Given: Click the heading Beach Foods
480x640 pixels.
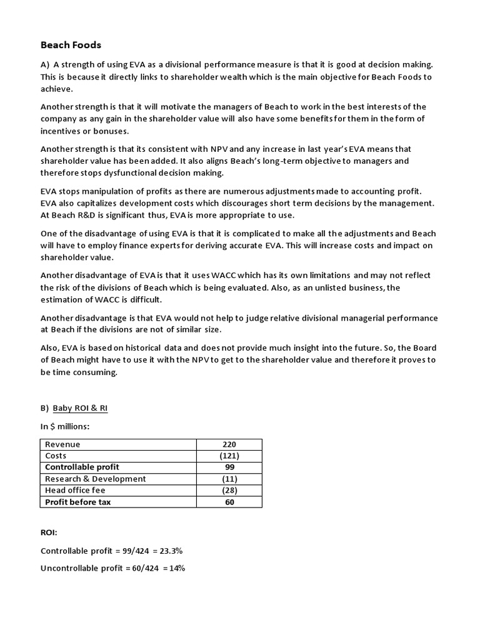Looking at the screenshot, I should (71, 45).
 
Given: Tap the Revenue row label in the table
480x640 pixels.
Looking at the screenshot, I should (62, 444).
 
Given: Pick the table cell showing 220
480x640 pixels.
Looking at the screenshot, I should (229, 444).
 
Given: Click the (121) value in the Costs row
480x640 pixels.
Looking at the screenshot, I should (229, 456).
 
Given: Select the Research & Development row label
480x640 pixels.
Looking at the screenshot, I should (95, 479).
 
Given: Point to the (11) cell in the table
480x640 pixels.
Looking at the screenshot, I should (229, 479).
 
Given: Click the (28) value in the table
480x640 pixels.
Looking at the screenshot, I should (229, 491).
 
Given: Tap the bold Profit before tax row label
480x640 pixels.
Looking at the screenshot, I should (77, 502).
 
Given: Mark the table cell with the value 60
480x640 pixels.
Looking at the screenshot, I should (229, 502).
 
